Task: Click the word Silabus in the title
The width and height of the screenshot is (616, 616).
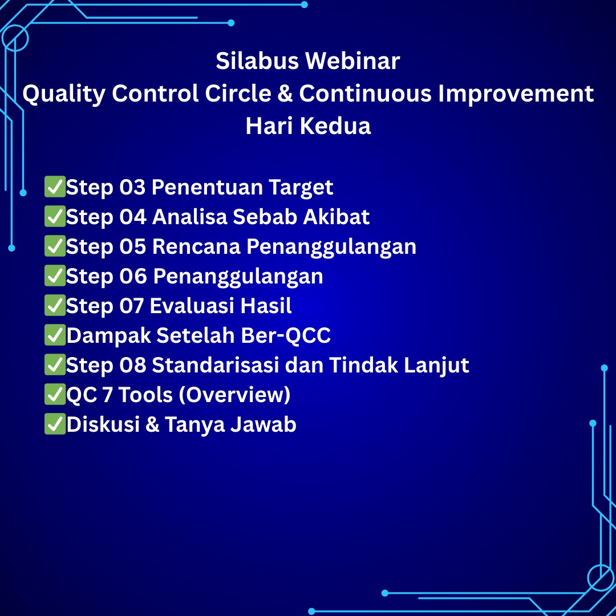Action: pyautogui.click(x=257, y=61)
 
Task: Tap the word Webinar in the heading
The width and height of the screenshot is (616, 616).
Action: pyautogui.click(x=353, y=61)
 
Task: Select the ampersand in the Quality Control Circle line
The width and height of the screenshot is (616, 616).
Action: pyautogui.click(x=285, y=94)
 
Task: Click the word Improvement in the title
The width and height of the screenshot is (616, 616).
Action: pyautogui.click(x=516, y=95)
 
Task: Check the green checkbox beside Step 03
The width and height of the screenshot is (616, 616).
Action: pyautogui.click(x=55, y=187)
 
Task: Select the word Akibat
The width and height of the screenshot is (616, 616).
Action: pyautogui.click(x=336, y=217)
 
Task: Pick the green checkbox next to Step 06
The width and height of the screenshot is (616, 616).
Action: pyautogui.click(x=55, y=275)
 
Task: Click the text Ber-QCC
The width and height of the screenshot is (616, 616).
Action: pyautogui.click(x=286, y=335)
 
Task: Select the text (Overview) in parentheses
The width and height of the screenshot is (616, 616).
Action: pyautogui.click(x=234, y=395)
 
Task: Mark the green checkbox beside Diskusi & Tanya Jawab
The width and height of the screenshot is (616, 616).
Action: pyautogui.click(x=55, y=424)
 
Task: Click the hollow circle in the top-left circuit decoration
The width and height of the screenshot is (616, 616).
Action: pyautogui.click(x=15, y=26)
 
